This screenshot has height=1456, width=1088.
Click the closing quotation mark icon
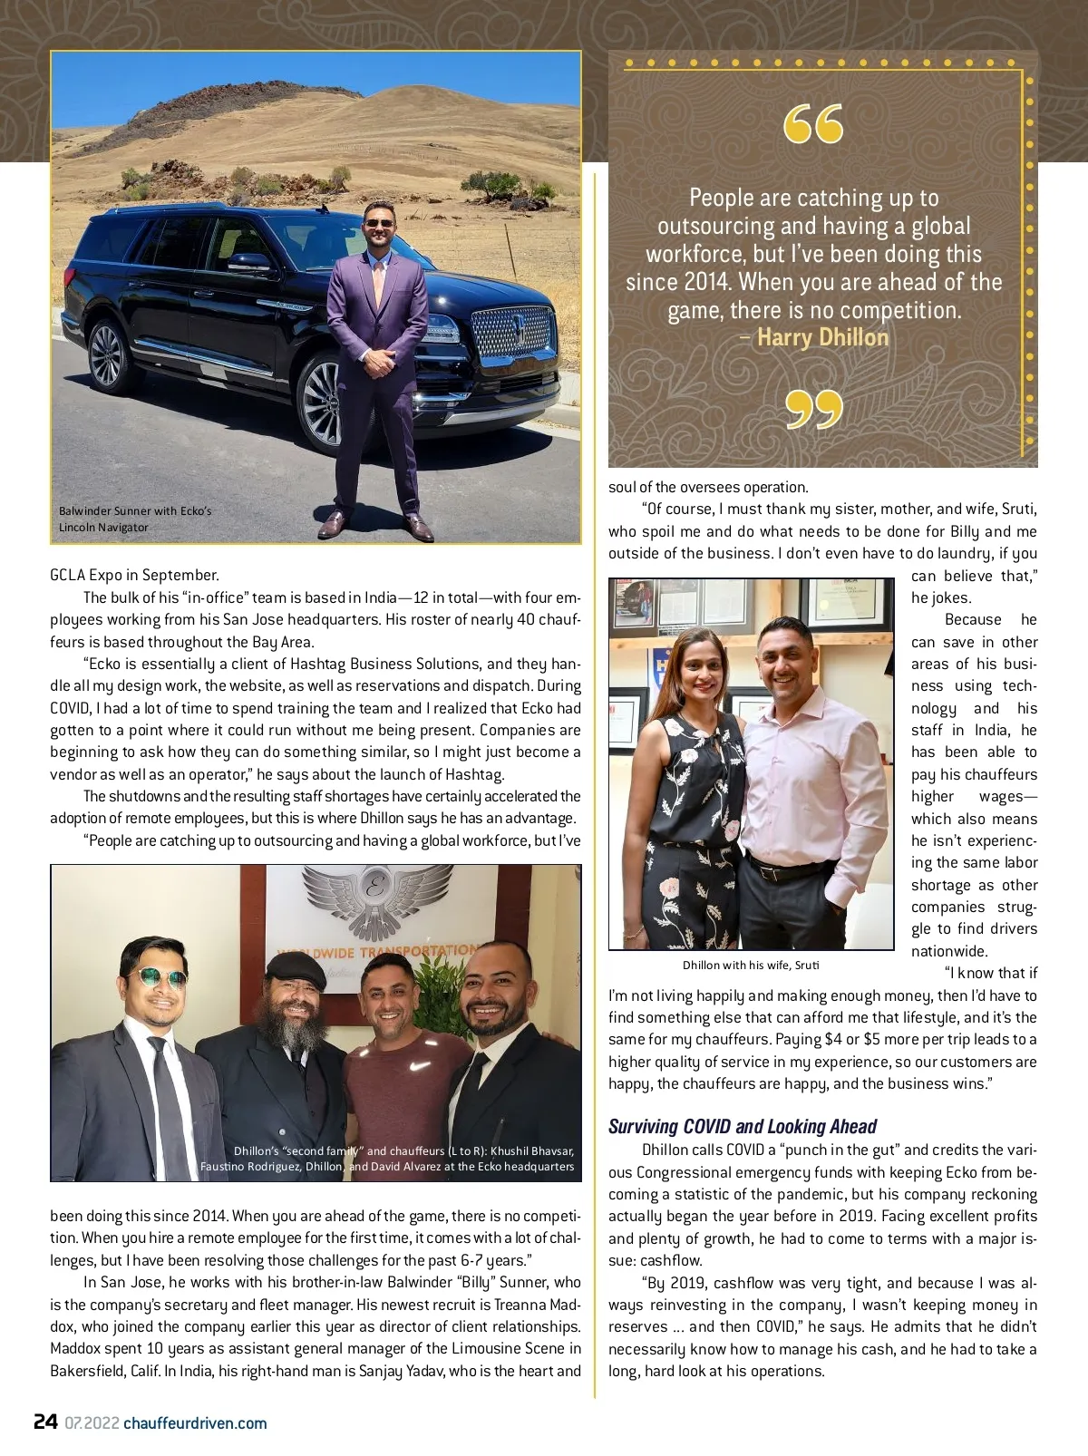(813, 410)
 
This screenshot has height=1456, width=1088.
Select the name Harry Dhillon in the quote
(822, 338)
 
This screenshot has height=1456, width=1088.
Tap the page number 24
(45, 1422)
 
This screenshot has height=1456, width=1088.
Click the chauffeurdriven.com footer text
(195, 1422)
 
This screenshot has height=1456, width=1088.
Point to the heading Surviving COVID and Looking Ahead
(743, 1126)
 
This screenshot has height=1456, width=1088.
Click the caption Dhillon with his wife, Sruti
(751, 965)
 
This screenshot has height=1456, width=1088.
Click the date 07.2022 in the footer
(92, 1422)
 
